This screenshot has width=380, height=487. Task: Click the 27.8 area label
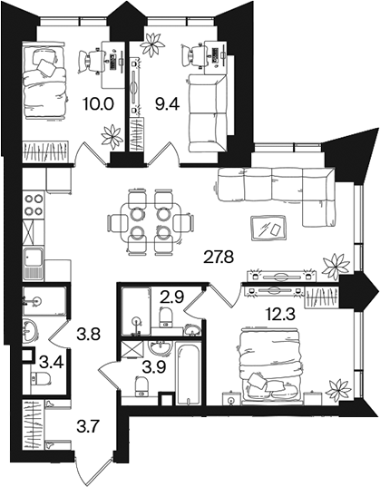[x=218, y=257]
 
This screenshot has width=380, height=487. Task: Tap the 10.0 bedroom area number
[x=99, y=103]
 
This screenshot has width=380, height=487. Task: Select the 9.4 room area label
[x=167, y=103]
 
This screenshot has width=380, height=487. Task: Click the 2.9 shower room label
[x=172, y=297]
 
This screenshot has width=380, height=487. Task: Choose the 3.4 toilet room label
[x=53, y=362]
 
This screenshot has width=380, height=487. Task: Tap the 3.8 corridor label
[x=88, y=335]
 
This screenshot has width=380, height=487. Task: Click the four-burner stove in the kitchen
[x=34, y=204]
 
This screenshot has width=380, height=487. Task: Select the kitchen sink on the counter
[x=34, y=264]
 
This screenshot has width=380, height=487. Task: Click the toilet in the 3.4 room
[x=41, y=378]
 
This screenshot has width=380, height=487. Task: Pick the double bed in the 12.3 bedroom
[x=270, y=365]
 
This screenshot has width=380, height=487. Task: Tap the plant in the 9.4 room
[x=152, y=44]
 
